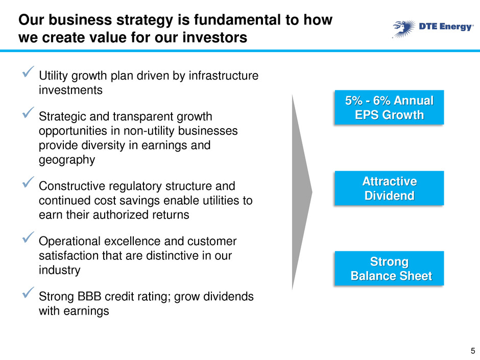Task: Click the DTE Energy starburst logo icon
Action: [404, 29]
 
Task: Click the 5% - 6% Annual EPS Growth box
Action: [389, 107]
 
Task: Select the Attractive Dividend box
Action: [389, 188]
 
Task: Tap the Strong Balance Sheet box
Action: [389, 269]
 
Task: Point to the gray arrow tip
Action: [312, 192]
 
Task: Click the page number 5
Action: [473, 351]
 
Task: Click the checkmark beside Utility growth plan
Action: [28, 71]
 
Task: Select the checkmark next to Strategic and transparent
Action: [28, 112]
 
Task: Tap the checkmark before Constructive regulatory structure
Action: [28, 182]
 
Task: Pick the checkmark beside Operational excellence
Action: [28, 237]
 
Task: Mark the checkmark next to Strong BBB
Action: [28, 293]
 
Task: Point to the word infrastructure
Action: [224, 76]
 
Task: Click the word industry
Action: [60, 270]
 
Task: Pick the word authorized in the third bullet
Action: [124, 214]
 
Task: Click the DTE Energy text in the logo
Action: [446, 27]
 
